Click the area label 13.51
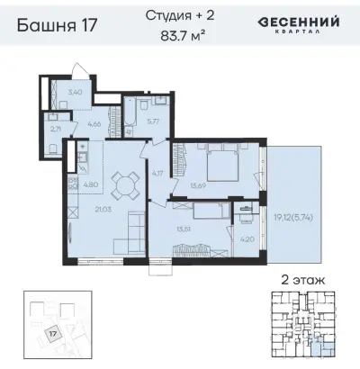(x=184, y=229)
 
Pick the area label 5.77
(x=153, y=120)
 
